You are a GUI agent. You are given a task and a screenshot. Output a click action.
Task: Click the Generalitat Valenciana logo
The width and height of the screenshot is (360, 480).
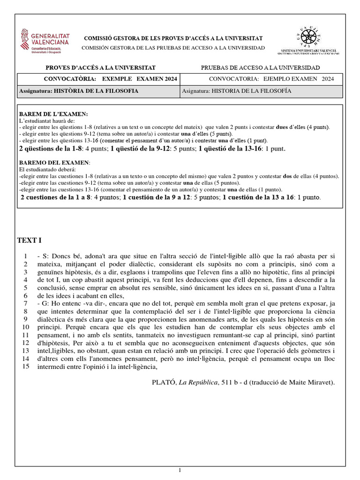click(x=45, y=41)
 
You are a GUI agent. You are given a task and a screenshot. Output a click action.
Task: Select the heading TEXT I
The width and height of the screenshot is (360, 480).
click(x=30, y=241)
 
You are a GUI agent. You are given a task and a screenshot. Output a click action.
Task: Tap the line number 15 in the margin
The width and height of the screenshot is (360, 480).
click(x=26, y=367)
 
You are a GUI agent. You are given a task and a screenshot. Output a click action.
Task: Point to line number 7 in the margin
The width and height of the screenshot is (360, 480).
click(x=26, y=304)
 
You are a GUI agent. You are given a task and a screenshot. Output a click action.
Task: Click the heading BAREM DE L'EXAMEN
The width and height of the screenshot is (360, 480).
click(x=53, y=114)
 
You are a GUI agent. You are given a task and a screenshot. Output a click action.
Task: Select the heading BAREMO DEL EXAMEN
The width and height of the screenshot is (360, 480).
click(x=54, y=162)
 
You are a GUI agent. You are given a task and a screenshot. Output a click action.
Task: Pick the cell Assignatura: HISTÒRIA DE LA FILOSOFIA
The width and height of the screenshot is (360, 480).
click(x=78, y=91)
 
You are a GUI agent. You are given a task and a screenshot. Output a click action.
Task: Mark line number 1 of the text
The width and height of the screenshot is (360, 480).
click(x=26, y=256)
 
